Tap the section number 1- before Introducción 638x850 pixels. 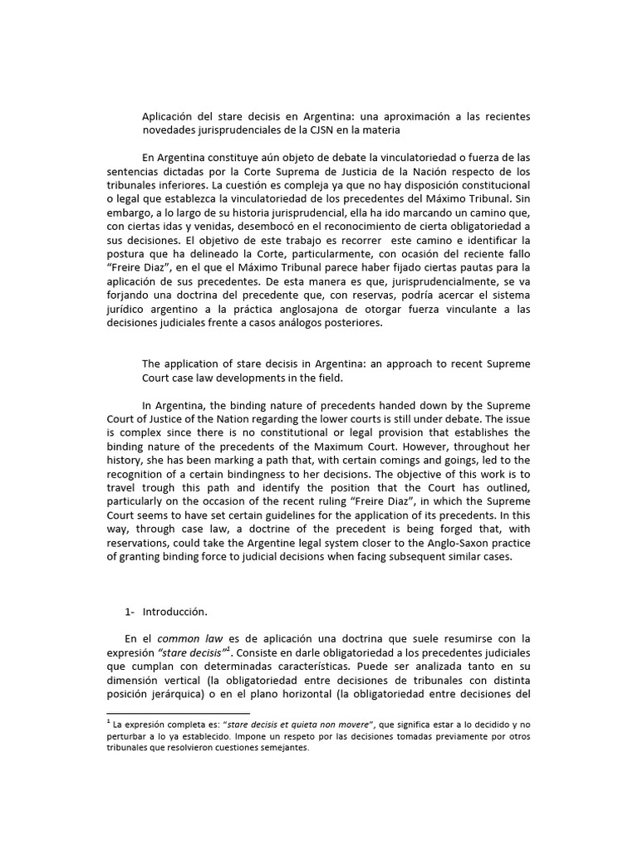[129, 612]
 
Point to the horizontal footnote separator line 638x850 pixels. [178, 712]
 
